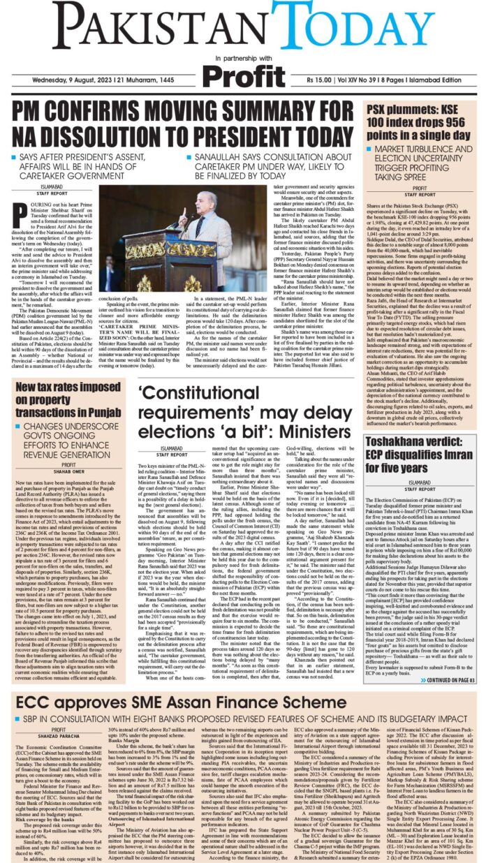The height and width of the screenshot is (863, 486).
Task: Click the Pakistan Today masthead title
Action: tap(242, 27)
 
